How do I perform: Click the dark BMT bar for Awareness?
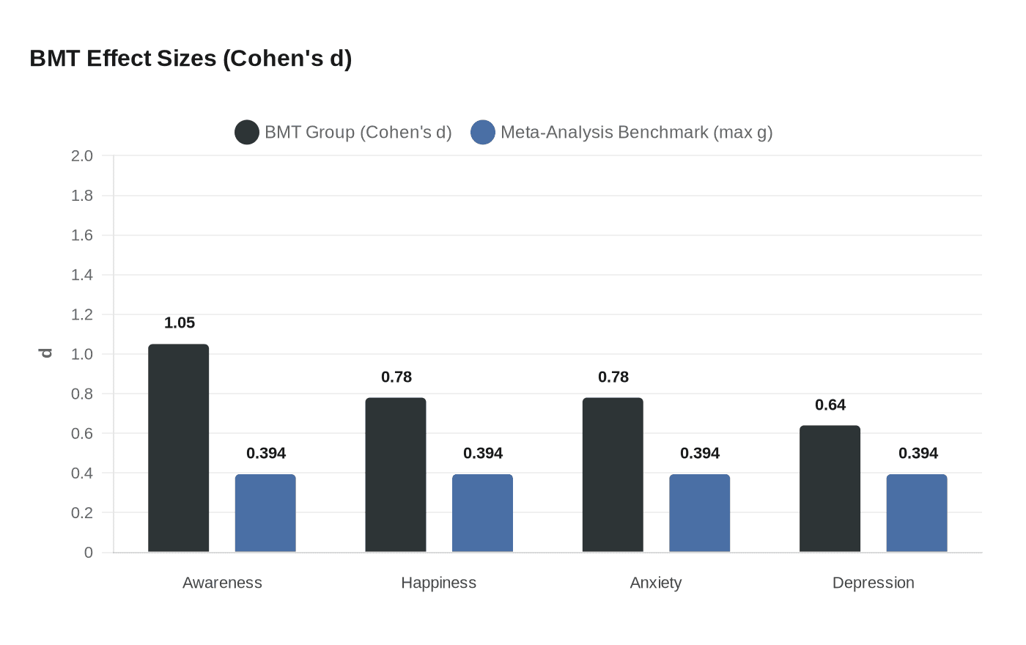[178, 448]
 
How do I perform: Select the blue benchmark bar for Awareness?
[265, 513]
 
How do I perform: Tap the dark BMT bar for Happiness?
[396, 475]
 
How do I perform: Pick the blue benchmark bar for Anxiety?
[699, 513]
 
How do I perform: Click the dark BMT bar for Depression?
[830, 489]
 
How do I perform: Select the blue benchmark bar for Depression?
[917, 513]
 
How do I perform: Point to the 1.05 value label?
[180, 322]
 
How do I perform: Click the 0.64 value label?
[830, 405]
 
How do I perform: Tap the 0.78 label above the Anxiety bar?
[613, 377]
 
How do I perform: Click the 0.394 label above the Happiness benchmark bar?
[483, 453]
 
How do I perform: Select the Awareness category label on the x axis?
[222, 583]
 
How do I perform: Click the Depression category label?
[873, 583]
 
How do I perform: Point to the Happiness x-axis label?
[438, 583]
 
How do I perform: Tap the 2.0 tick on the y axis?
[82, 155]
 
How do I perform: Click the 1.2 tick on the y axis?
[82, 314]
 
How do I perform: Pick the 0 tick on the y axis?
[89, 553]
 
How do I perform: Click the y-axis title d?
[46, 353]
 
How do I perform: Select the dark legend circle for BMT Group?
[247, 132]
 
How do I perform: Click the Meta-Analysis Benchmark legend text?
[636, 132]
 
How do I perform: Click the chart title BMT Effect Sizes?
[191, 58]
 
